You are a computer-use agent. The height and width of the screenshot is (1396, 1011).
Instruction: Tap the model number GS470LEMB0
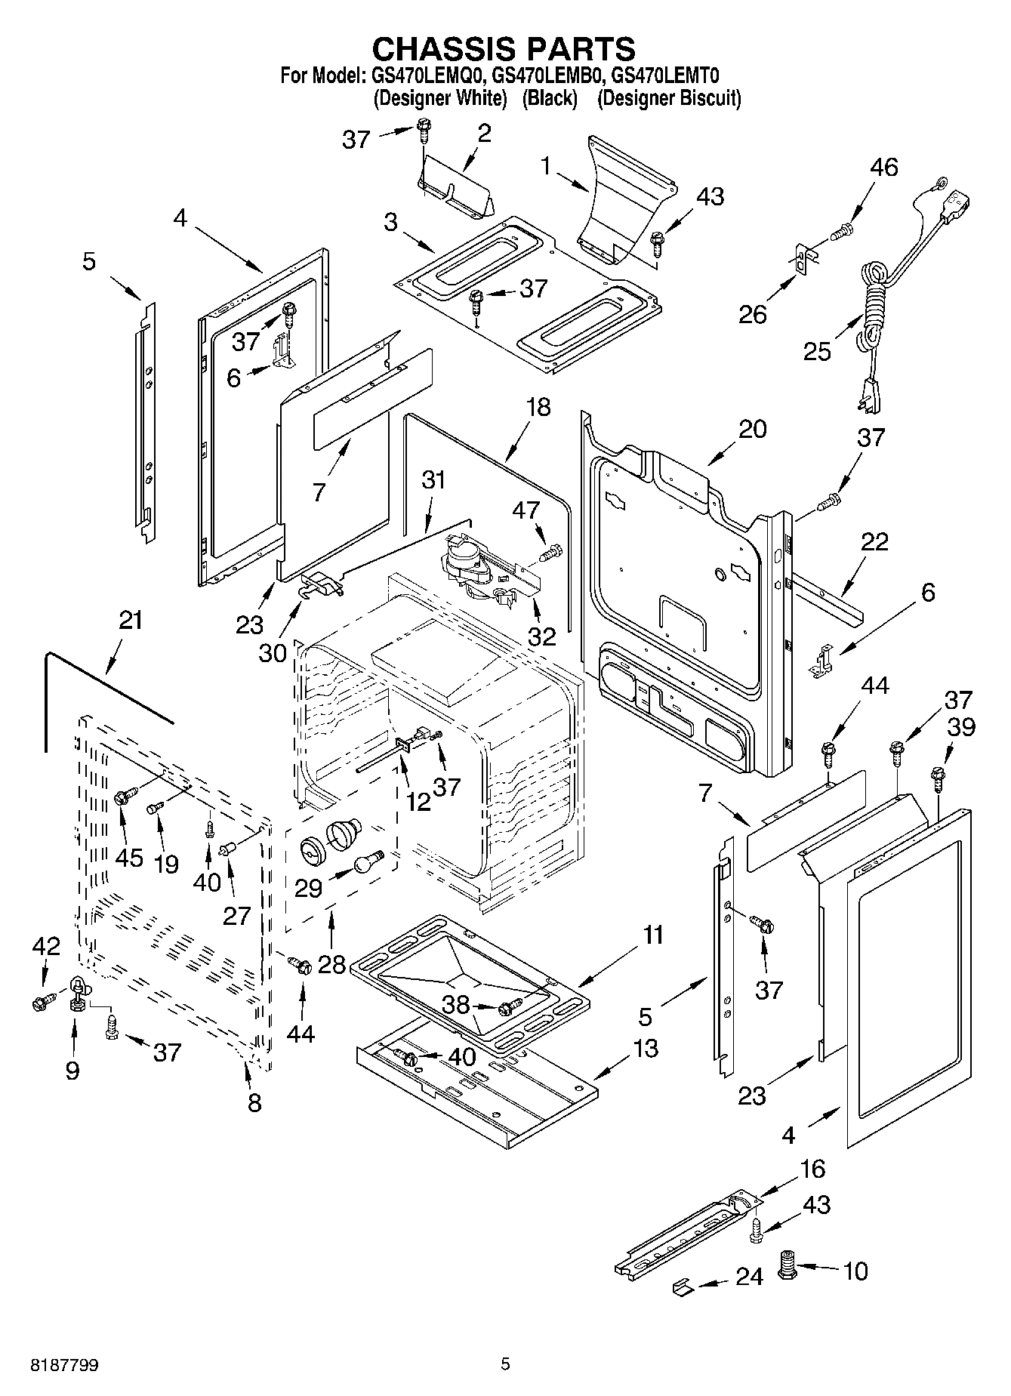tap(549, 76)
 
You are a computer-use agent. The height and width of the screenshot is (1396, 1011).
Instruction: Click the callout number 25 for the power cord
tap(818, 351)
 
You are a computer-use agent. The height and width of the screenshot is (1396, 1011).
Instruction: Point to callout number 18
tap(538, 408)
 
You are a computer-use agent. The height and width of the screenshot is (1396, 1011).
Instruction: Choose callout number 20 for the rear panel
tap(752, 429)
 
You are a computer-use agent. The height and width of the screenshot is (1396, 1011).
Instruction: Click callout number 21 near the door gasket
tap(131, 621)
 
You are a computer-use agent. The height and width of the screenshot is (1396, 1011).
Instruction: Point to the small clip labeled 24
tap(683, 1287)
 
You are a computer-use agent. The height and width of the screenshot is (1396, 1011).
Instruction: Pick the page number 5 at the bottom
tap(505, 1364)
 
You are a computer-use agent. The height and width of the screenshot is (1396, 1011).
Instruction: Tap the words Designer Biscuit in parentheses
tap(669, 98)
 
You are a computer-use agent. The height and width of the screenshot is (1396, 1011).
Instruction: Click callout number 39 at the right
tap(961, 726)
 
